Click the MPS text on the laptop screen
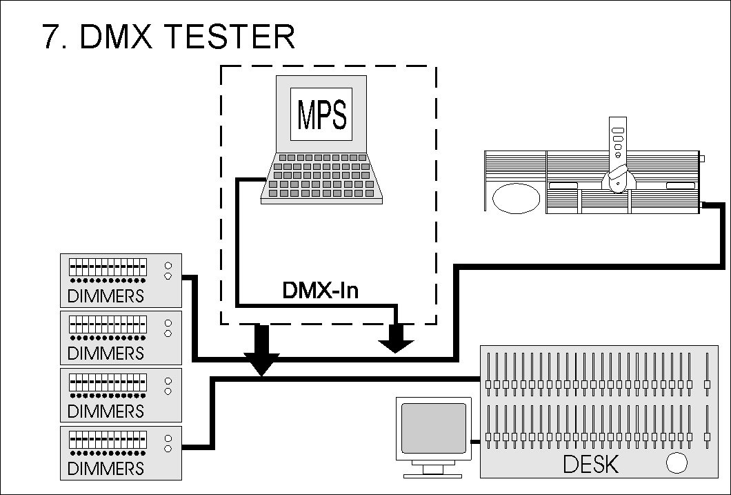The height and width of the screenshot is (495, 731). (321, 115)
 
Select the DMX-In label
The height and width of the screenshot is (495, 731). (321, 291)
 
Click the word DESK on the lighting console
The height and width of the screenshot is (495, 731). (591, 464)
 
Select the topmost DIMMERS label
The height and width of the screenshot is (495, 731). (106, 296)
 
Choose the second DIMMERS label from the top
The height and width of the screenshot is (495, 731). (106, 353)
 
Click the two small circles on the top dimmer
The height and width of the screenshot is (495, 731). (168, 271)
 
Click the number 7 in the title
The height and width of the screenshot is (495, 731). (52, 37)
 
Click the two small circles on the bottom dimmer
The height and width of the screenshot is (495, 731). (168, 443)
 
